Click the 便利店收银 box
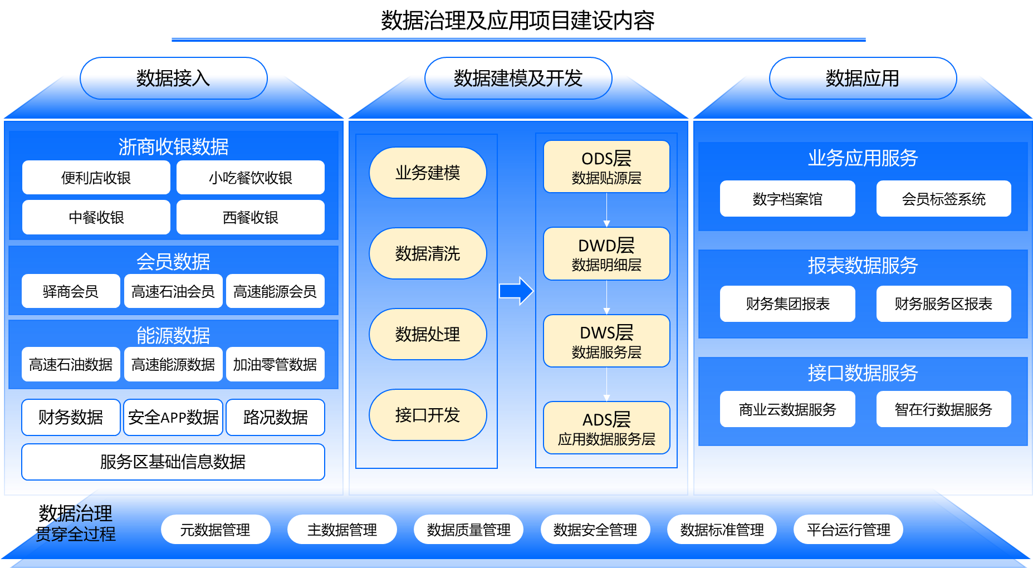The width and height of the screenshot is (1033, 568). [x=96, y=178]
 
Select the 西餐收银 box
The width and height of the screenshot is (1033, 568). [x=250, y=217]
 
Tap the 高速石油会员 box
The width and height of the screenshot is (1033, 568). [x=173, y=291]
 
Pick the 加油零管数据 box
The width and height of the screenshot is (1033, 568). [x=275, y=364]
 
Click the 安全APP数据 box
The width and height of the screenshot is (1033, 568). [x=173, y=417]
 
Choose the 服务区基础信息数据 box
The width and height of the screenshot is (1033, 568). [x=173, y=462]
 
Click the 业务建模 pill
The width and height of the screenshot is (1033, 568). [x=428, y=173]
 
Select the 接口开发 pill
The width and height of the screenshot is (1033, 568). [x=428, y=415]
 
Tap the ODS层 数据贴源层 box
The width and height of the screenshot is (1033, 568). [x=606, y=167]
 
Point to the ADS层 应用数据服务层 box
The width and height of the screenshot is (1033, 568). [x=606, y=428]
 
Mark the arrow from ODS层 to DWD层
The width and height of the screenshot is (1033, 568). [x=606, y=210]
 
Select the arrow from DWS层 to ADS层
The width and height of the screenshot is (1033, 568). [x=606, y=384]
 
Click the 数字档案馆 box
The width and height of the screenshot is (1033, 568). [x=787, y=199]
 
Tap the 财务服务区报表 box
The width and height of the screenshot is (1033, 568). [x=943, y=303]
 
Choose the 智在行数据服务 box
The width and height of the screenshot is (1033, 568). [x=943, y=409]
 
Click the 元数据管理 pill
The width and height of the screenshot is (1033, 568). [x=216, y=530]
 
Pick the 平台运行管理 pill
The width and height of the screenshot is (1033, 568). [x=848, y=530]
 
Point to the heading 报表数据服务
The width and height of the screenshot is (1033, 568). [x=863, y=266]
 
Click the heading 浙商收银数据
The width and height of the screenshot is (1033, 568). [x=173, y=147]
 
